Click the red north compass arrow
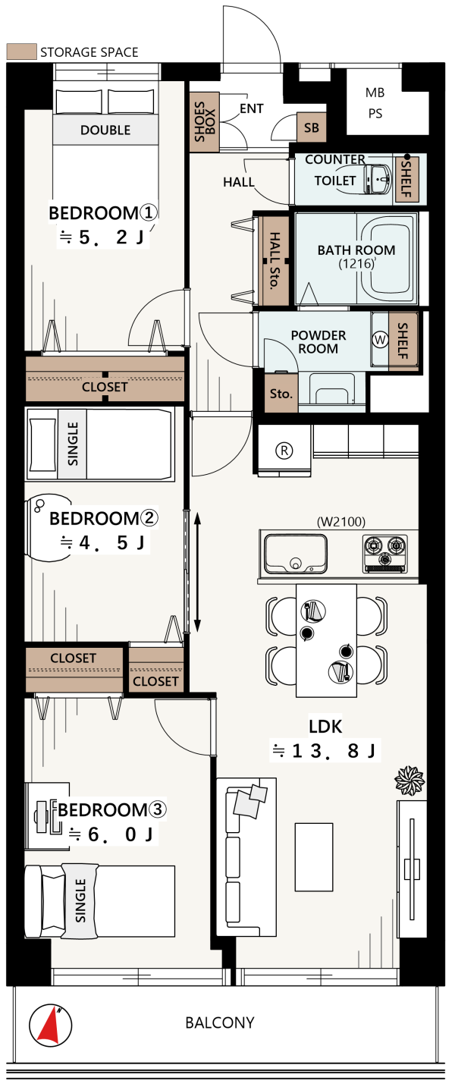[49, 1026]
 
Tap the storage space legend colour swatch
[21, 52]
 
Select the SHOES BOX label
[205, 122]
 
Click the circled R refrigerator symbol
[284, 451]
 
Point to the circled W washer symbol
[380, 340]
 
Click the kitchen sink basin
[296, 554]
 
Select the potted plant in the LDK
[409, 781]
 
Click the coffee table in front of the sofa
[314, 857]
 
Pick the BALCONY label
[220, 1023]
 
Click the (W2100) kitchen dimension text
[341, 522]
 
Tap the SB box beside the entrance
[312, 127]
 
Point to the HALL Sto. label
[275, 261]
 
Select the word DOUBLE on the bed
[105, 130]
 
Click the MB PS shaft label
[375, 103]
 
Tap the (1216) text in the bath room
[356, 264]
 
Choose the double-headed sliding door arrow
[197, 573]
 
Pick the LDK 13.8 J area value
[324, 751]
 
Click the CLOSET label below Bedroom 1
[105, 387]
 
